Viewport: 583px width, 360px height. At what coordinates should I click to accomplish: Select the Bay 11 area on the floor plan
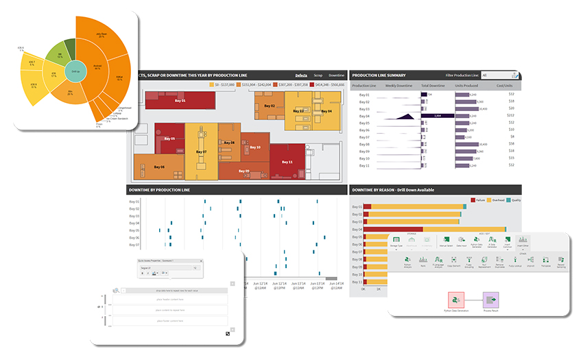click(x=288, y=162)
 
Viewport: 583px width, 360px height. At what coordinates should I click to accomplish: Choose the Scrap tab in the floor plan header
click(x=318, y=75)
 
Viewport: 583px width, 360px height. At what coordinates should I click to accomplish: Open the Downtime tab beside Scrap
click(x=336, y=75)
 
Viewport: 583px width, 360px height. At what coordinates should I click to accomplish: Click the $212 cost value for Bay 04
click(x=510, y=116)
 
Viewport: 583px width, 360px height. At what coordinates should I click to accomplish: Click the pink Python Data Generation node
click(x=457, y=299)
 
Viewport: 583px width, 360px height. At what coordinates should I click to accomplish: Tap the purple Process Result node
click(x=491, y=299)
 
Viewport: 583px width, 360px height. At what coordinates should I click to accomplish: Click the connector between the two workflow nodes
click(x=474, y=299)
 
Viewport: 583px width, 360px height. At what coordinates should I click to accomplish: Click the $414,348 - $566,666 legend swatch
click(x=311, y=84)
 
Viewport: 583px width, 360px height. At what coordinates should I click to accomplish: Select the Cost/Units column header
click(x=506, y=86)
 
